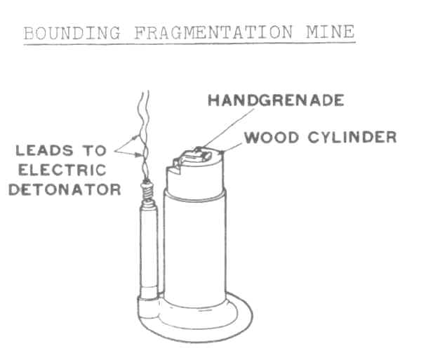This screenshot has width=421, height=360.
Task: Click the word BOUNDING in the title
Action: click(x=72, y=33)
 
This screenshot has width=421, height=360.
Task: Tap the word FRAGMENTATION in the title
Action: click(x=213, y=33)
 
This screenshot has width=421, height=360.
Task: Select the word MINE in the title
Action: click(x=330, y=32)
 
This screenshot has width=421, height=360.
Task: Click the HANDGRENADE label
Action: click(x=276, y=100)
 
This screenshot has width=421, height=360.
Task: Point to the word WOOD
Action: click(x=272, y=138)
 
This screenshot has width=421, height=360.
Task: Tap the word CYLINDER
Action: click(x=352, y=137)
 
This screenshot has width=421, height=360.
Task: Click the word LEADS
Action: click(x=45, y=151)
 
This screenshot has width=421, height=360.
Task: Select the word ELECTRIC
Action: click(x=62, y=171)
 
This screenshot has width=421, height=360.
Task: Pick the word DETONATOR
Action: click(x=65, y=189)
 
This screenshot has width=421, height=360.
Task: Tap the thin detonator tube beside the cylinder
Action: click(x=149, y=250)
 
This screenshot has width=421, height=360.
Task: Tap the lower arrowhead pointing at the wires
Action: click(x=138, y=155)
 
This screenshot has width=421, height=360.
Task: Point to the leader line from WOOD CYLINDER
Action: click(x=232, y=147)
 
